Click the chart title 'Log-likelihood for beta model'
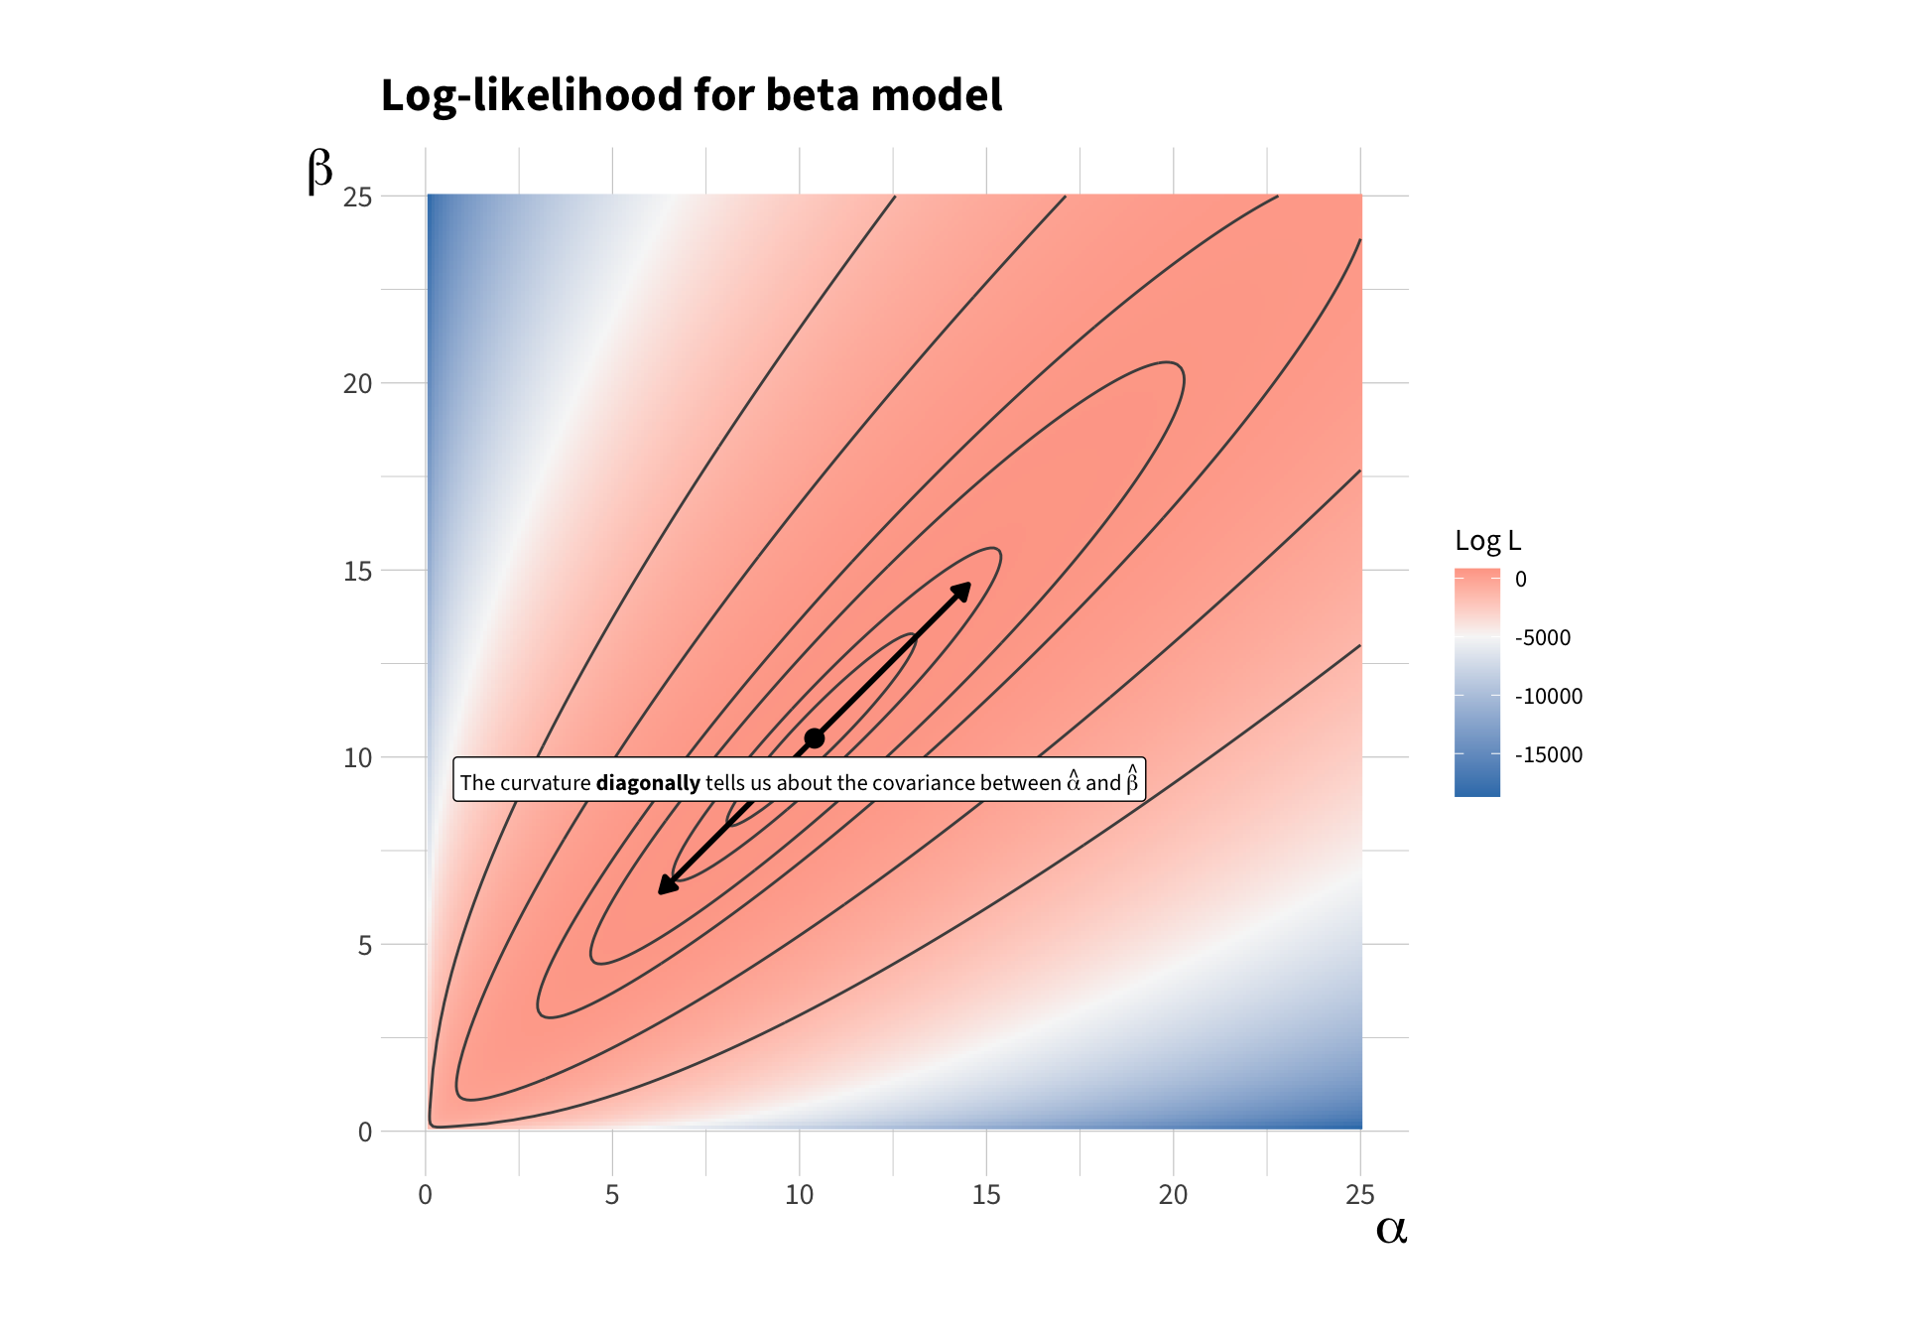(x=691, y=96)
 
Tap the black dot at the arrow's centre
(x=815, y=738)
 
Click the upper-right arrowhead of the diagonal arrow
(x=961, y=592)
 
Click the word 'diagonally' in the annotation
(x=648, y=783)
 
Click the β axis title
(x=319, y=170)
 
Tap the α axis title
(x=1391, y=1229)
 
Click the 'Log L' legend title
(x=1487, y=541)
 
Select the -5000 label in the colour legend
(x=1543, y=638)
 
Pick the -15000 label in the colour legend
(x=1549, y=755)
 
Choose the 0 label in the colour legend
(x=1521, y=580)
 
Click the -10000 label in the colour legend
(x=1549, y=697)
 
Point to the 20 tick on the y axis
(x=357, y=384)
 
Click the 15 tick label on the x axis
(x=986, y=1195)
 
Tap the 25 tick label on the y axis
(x=357, y=198)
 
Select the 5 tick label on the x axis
(x=612, y=1195)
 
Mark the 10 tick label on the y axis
(x=357, y=758)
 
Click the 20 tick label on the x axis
(x=1173, y=1195)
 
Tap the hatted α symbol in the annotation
(x=1074, y=781)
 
